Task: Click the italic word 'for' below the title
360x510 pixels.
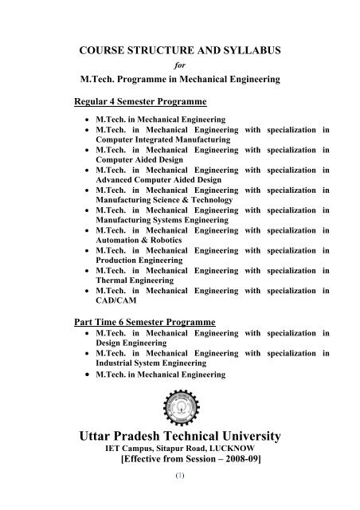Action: [179, 66]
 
